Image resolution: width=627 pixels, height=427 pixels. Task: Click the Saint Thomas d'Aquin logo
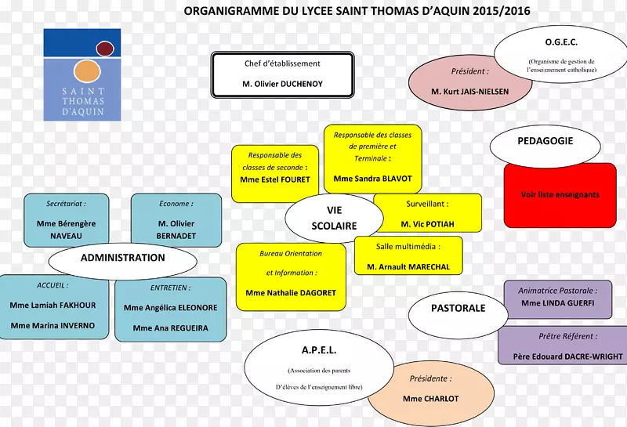tap(82, 74)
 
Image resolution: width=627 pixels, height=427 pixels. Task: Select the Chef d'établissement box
tap(282, 74)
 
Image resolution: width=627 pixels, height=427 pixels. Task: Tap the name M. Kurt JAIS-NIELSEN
tap(469, 92)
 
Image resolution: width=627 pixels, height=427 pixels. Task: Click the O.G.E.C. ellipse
tap(560, 55)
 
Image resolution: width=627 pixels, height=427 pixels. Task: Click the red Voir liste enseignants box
tap(560, 194)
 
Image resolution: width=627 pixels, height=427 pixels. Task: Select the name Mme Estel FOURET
tap(275, 179)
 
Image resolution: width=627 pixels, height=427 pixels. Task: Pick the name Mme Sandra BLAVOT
tap(372, 179)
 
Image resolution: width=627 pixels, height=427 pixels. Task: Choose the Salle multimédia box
tap(408, 256)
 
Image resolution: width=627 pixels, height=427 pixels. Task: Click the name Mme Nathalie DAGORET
tap(291, 293)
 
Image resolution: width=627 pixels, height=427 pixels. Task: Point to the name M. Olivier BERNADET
tap(176, 229)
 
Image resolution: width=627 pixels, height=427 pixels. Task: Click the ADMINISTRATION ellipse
tap(122, 258)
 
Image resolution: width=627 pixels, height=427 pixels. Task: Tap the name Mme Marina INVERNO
tap(53, 325)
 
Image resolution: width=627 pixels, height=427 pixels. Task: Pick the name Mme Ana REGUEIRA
tap(170, 328)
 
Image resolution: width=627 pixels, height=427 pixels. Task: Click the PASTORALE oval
tap(458, 309)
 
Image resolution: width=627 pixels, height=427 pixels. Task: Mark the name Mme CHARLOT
tap(430, 399)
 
